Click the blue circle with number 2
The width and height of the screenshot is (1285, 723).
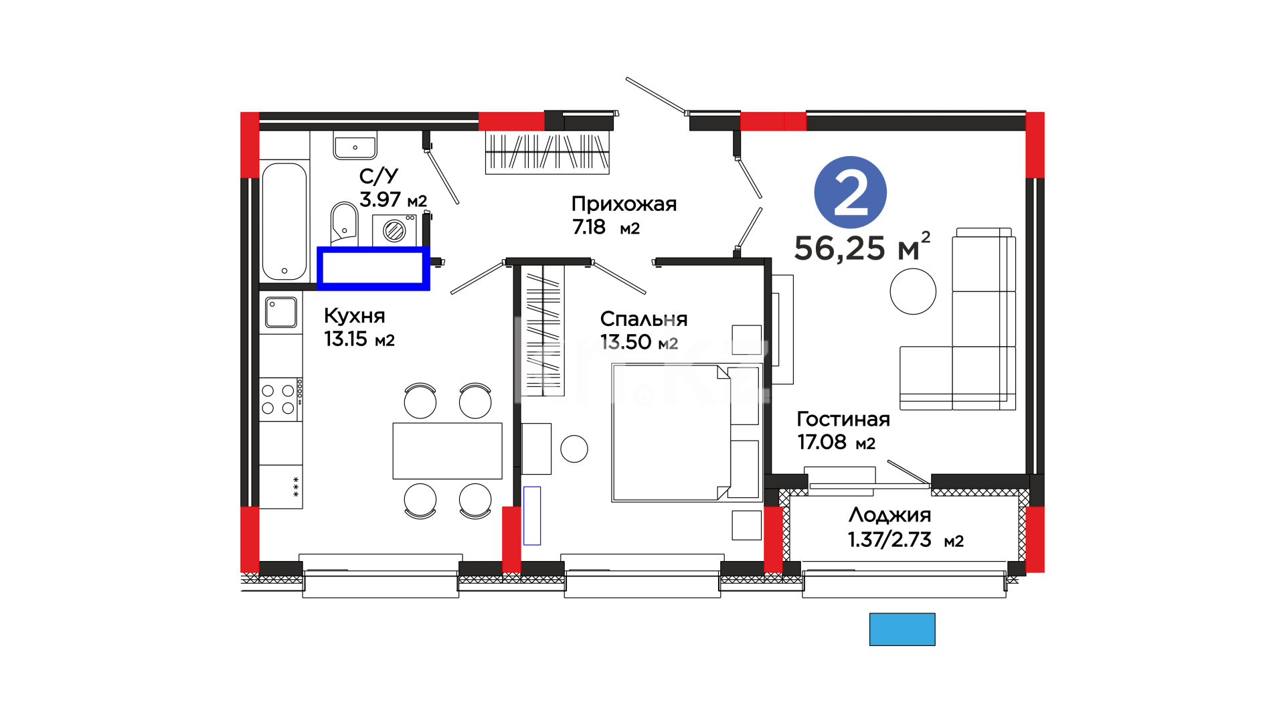(x=850, y=192)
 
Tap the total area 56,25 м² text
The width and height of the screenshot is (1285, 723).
(x=862, y=247)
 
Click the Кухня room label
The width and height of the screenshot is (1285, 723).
(x=354, y=315)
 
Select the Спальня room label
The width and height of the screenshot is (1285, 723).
(x=643, y=319)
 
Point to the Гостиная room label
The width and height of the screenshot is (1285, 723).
(x=843, y=419)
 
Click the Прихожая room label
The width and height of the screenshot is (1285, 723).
(x=624, y=204)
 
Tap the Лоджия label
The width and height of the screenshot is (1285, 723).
(x=889, y=515)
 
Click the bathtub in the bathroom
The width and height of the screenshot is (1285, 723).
(x=284, y=221)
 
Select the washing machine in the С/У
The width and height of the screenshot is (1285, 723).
(x=394, y=230)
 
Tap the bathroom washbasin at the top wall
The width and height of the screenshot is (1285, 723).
(x=355, y=145)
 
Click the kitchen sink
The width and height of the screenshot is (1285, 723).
(x=281, y=313)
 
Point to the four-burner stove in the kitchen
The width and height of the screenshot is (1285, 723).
(x=281, y=399)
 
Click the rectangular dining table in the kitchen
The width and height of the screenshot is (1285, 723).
(x=447, y=451)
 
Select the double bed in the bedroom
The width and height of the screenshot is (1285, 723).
(x=687, y=432)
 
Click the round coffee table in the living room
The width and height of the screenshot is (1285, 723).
(x=913, y=291)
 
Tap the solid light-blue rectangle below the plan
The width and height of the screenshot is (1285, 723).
(x=902, y=629)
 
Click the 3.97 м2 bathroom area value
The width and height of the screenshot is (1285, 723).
(x=393, y=199)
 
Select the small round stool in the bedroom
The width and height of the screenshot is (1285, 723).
(x=574, y=449)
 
